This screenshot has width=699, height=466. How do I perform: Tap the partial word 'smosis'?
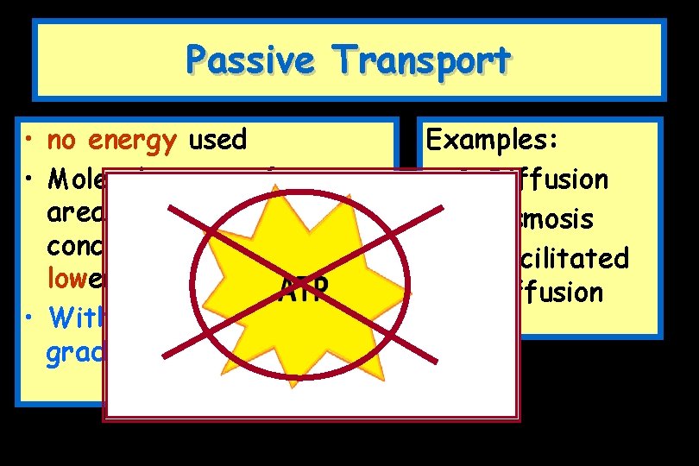click(557, 218)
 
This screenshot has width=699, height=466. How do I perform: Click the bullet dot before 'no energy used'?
click(29, 141)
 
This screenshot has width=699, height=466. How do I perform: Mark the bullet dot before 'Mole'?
click(29, 179)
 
